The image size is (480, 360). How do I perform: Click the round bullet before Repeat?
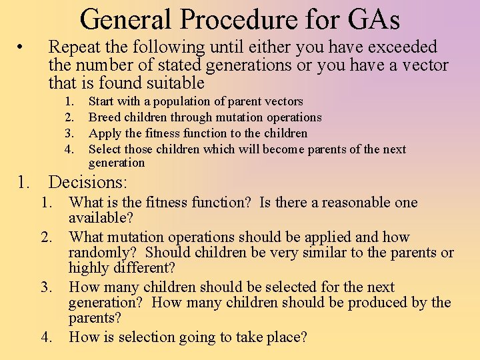(21, 47)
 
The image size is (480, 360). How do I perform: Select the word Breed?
(104, 117)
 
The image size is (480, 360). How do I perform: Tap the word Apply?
(104, 133)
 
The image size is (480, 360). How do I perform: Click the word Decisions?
(88, 181)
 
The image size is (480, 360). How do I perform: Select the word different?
(141, 268)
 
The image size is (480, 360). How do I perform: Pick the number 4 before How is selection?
(47, 337)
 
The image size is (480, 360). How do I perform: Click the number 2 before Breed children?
(69, 117)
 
